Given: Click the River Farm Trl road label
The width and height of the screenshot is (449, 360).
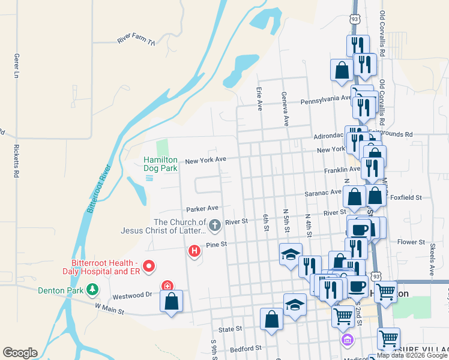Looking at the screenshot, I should (x=136, y=40).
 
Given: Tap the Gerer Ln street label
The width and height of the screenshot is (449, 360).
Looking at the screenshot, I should (x=17, y=65).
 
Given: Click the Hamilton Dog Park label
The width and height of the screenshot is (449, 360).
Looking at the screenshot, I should (x=160, y=164).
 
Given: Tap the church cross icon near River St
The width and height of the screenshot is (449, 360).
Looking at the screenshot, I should (x=215, y=225).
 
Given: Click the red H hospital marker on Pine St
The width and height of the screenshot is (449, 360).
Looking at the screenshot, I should (x=194, y=251).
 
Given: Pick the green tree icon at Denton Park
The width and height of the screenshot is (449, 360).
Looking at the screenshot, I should (x=92, y=290).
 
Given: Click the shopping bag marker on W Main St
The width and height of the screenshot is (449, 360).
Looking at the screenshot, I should (x=172, y=302).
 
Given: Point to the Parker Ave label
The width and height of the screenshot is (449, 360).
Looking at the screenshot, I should (x=202, y=209).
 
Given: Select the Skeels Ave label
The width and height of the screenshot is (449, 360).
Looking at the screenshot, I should (x=432, y=259).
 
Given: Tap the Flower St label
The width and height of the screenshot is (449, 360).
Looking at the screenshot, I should (x=411, y=242).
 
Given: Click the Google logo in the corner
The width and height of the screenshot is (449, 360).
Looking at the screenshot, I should (x=20, y=353).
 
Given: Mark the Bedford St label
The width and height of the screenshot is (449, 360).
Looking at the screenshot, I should (x=246, y=347).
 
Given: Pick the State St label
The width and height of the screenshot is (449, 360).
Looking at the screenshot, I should (x=230, y=329).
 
